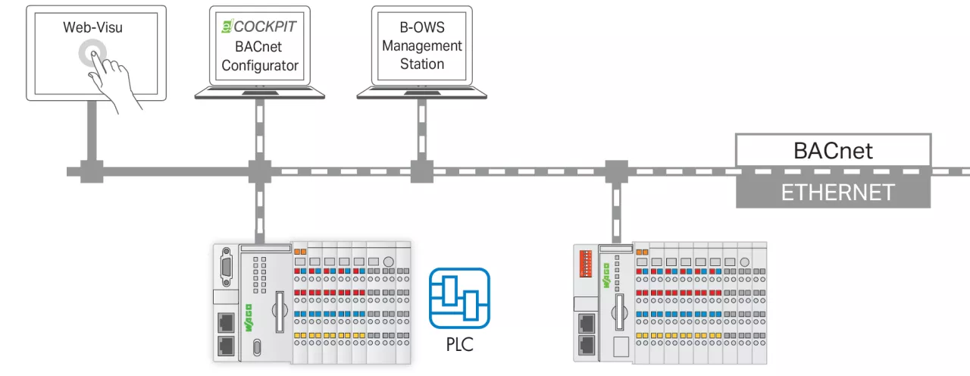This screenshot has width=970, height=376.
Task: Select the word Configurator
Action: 260,65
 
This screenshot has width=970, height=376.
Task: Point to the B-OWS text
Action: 422,28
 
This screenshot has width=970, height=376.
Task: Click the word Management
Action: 422,46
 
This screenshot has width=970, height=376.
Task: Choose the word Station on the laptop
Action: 422,64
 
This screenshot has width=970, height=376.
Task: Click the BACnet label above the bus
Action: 833,150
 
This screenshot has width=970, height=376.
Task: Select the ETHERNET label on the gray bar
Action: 833,192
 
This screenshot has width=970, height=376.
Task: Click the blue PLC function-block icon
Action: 459,298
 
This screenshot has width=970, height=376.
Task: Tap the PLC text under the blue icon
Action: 459,345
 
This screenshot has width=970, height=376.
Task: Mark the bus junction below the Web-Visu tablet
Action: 92,171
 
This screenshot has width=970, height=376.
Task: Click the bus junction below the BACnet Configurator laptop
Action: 260,171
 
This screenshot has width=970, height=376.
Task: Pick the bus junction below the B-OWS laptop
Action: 421,171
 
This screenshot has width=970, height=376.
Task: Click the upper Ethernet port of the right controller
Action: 585,323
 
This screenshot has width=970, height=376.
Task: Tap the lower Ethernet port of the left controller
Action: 226,346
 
